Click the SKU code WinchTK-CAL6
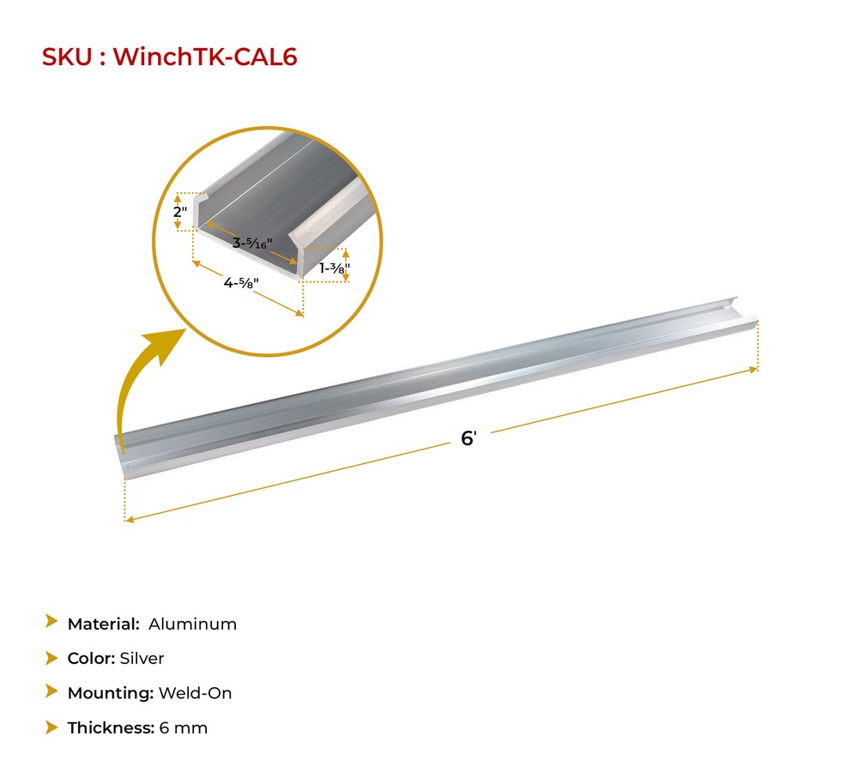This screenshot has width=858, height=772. tap(205, 57)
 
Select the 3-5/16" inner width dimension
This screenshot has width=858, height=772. tap(251, 243)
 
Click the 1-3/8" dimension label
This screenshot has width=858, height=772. tap(334, 268)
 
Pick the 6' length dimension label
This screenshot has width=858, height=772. tap(468, 438)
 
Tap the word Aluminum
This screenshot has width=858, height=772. tap(192, 624)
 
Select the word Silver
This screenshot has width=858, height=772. tap(143, 659)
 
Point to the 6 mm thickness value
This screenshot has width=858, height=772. tap(183, 728)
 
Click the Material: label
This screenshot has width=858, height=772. tap(104, 624)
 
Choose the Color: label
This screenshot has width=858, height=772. tap(92, 659)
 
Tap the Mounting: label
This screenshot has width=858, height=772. tap(110, 693)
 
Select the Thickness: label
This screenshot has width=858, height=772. tap(111, 728)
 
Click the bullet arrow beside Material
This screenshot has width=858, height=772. tap(51, 623)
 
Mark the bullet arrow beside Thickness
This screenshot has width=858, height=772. tap(51, 727)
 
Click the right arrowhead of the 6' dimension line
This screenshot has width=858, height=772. tap(755, 370)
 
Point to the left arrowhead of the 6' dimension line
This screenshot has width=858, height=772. tap(130, 519)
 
